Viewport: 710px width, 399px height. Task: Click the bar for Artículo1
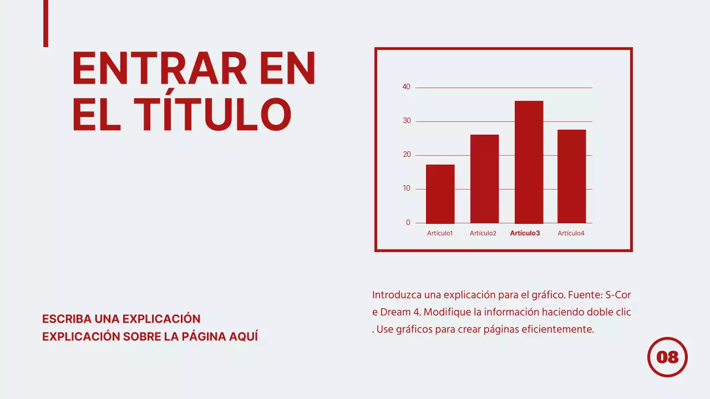440,194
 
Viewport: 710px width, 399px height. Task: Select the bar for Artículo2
484,178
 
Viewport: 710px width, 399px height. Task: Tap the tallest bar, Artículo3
529,162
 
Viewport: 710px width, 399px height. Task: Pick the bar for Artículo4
571,176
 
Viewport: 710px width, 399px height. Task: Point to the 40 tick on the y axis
407,87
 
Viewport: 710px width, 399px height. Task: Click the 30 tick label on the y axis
407,121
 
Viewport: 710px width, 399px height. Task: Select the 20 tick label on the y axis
407,155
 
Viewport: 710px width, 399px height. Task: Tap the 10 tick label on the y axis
407,188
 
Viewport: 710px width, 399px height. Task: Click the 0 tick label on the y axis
408,223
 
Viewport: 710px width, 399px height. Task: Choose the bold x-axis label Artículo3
525,233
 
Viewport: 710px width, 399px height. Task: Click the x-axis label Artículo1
440,233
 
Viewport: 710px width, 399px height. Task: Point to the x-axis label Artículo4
571,233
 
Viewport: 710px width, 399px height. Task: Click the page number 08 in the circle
667,357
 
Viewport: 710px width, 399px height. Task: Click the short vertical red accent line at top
45,23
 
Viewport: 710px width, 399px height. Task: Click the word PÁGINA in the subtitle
204,336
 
